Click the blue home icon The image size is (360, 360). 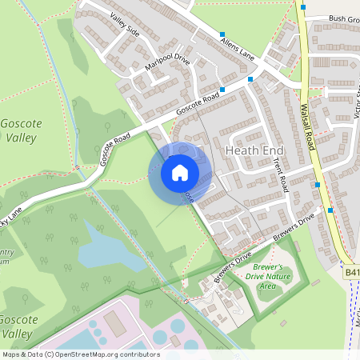[180, 173]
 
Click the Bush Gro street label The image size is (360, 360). [343, 18]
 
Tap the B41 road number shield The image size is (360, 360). [352, 273]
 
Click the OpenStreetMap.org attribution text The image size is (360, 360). [82, 354]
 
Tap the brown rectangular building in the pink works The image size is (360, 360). [114, 323]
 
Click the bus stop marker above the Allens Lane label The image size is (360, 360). [222, 34]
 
